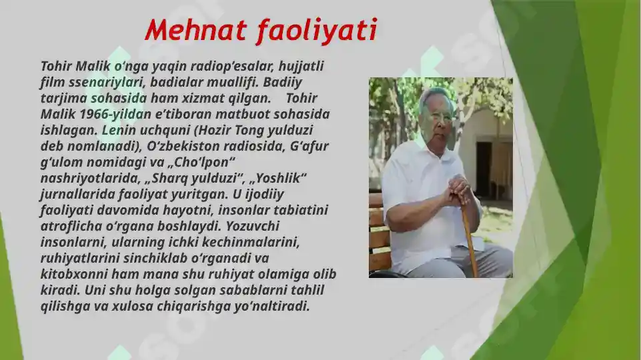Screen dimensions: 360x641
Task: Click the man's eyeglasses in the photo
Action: coord(440,117)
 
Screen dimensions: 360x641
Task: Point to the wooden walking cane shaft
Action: coord(470,240)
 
